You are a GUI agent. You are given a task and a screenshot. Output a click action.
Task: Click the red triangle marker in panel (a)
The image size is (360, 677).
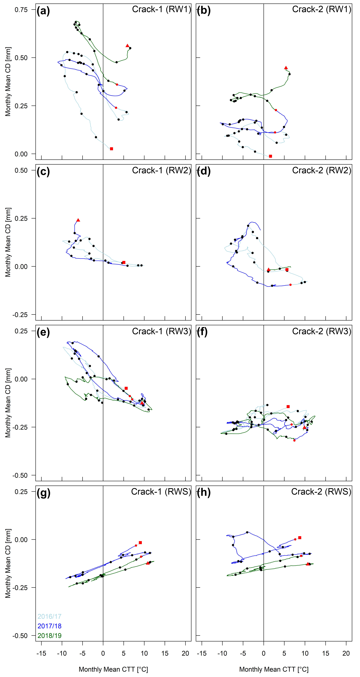coord(128,46)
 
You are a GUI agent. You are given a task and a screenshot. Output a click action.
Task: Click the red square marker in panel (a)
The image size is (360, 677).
coord(112,149)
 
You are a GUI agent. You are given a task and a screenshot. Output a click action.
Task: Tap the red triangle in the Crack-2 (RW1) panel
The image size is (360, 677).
coord(286,68)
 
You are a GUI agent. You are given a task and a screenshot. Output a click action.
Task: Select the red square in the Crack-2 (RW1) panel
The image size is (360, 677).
coord(270,156)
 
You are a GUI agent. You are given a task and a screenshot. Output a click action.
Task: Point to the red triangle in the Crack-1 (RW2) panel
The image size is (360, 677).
coord(78,220)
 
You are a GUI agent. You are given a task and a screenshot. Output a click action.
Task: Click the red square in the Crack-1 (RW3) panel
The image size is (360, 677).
coord(126,388)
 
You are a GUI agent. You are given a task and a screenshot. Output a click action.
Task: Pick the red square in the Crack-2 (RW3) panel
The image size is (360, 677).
coord(288,407)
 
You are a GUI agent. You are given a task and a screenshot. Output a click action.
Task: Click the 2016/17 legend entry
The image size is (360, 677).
coord(50,616)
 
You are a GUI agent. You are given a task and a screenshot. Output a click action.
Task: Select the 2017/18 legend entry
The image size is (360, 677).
coord(50,626)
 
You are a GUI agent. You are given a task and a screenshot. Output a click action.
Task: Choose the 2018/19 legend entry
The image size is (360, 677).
coord(50,636)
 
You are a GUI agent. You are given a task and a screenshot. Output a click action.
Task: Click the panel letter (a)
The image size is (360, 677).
coord(43,11)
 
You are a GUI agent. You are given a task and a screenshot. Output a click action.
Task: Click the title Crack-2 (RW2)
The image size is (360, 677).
coord(321,170)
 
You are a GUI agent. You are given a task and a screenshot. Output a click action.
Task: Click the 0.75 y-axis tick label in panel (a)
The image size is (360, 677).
coord(21,10)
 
